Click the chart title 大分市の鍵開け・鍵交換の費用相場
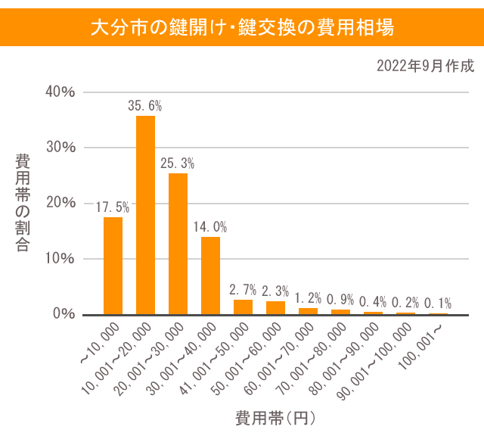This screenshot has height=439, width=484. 242,28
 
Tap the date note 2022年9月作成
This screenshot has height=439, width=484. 426,66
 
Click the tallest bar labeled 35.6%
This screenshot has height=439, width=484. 145,215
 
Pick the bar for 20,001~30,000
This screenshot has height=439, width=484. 178,244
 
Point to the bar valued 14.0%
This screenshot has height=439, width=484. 210,276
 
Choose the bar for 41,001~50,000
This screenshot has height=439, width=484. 243,307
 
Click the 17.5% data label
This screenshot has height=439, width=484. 113,206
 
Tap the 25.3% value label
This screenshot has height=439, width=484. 178,162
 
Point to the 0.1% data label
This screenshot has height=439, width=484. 438,302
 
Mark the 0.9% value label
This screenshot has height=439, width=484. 340,298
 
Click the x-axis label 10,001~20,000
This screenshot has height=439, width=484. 121,355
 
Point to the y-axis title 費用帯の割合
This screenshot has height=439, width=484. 23,203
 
